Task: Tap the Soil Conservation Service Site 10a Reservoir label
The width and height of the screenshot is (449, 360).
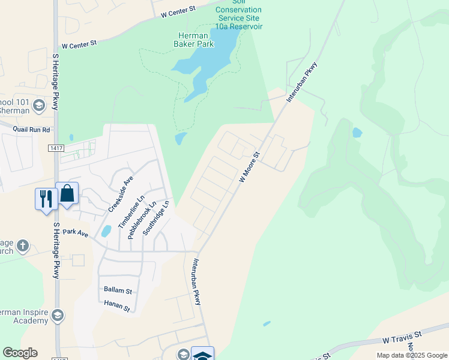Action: [x=238, y=14]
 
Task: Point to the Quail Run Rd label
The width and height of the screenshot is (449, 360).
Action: [x=31, y=129]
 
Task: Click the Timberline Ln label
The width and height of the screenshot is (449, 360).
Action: [x=131, y=212]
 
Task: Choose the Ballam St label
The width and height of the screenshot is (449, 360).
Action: [x=118, y=290]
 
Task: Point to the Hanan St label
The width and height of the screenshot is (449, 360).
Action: [x=117, y=306]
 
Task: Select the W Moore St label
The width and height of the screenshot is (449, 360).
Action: [x=249, y=167]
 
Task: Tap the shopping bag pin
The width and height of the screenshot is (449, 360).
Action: [x=67, y=193]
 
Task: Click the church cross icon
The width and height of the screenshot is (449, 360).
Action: [x=22, y=246]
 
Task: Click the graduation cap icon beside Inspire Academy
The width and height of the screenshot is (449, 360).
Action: [x=58, y=315]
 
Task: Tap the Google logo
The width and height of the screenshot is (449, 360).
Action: [x=20, y=353]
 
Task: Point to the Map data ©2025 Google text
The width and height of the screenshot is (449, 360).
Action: [x=411, y=355]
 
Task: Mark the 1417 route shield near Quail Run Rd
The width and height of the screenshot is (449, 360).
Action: [x=56, y=147]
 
